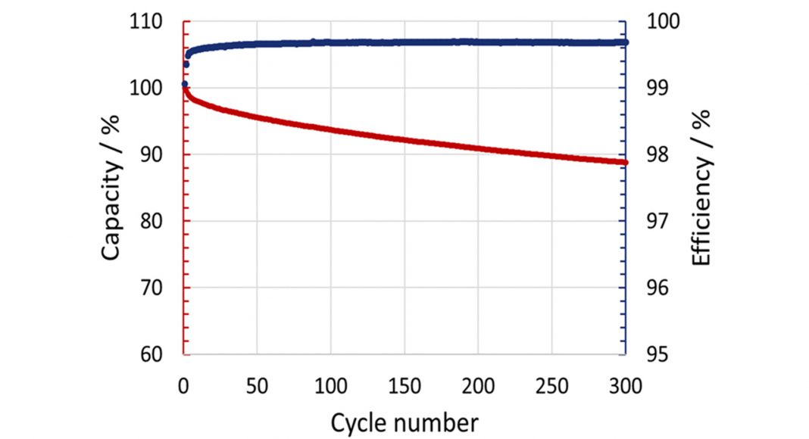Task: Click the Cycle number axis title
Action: click(x=404, y=422)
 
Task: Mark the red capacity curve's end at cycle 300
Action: click(x=625, y=162)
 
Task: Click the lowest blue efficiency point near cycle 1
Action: click(x=184, y=84)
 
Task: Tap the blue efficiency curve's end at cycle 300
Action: click(x=625, y=42)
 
